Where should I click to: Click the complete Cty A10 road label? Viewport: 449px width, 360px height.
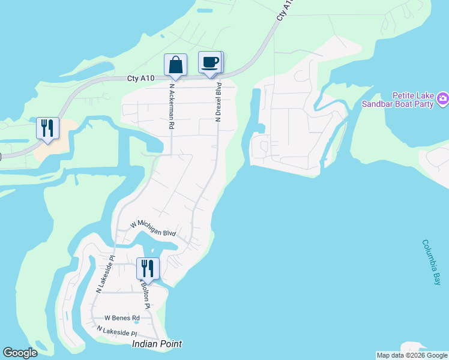[141, 79]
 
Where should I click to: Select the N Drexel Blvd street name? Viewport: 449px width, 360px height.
[219, 102]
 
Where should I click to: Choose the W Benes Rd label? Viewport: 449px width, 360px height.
[122, 318]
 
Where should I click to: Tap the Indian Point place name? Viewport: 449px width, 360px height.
[157, 344]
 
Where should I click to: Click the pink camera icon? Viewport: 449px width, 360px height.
[443, 98]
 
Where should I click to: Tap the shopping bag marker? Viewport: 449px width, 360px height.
[175, 64]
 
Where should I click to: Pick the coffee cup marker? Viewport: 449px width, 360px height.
[209, 62]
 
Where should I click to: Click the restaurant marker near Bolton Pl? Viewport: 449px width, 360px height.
[147, 268]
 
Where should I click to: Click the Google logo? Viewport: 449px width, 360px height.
[20, 353]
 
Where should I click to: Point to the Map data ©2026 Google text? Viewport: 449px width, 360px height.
[412, 355]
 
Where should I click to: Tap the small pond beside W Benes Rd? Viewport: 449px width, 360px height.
[136, 322]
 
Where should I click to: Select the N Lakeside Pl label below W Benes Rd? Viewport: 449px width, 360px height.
[117, 332]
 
